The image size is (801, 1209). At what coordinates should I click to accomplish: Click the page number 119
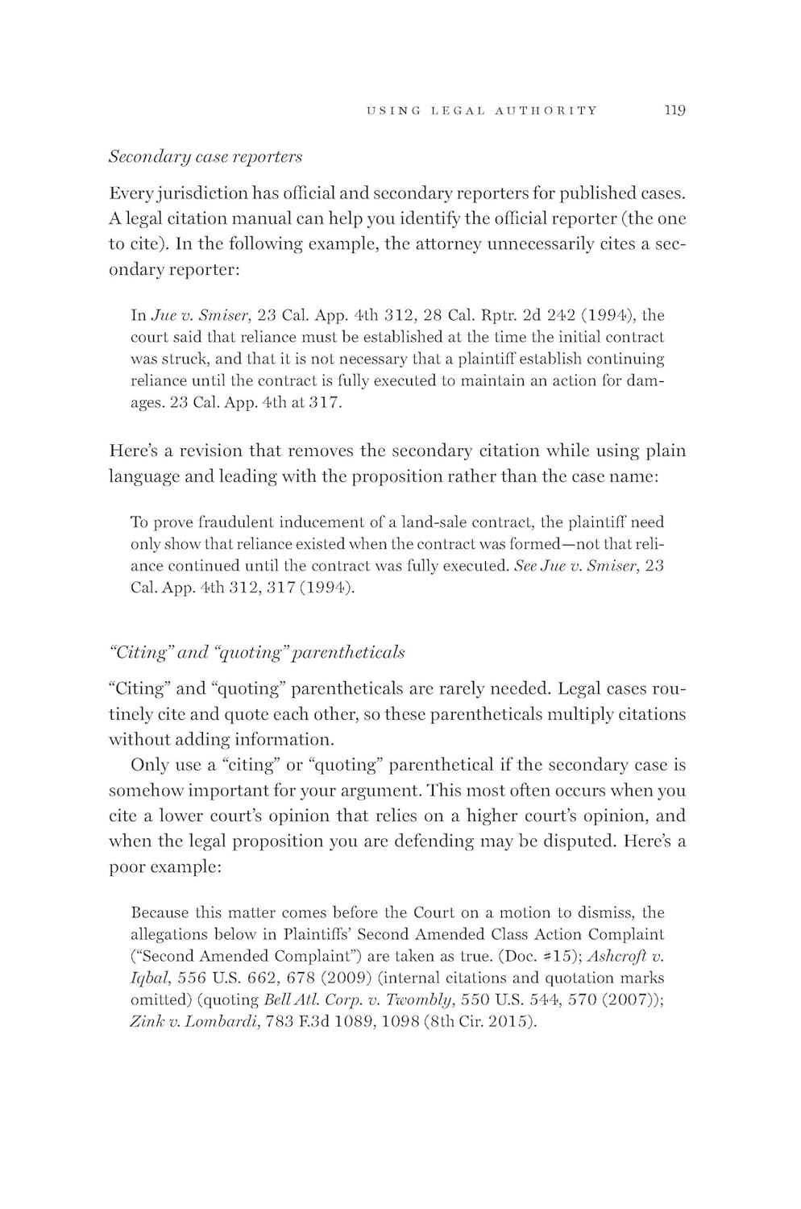click(x=674, y=110)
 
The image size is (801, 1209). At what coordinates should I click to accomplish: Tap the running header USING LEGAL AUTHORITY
click(x=482, y=111)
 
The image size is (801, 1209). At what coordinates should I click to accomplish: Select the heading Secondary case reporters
click(x=205, y=156)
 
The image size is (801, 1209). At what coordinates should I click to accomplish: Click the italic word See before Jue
click(x=522, y=566)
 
